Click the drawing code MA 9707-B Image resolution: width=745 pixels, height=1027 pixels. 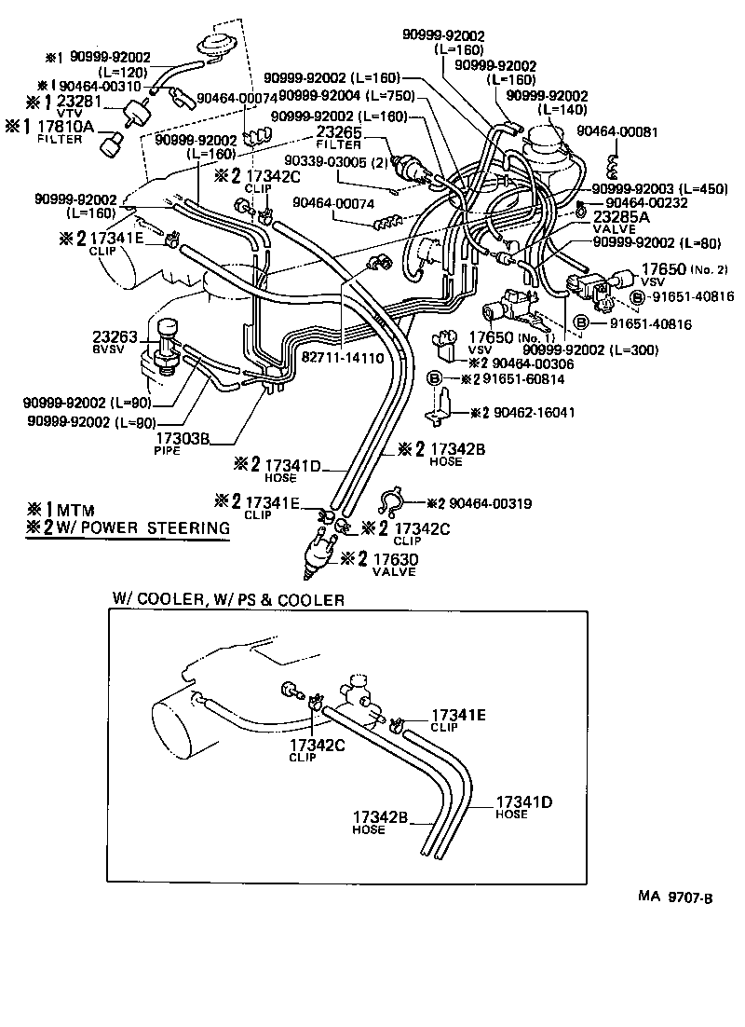[x=676, y=897]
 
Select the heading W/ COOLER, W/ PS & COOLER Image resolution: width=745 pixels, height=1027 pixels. [x=228, y=599]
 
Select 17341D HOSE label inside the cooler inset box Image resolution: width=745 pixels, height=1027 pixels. [x=524, y=806]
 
